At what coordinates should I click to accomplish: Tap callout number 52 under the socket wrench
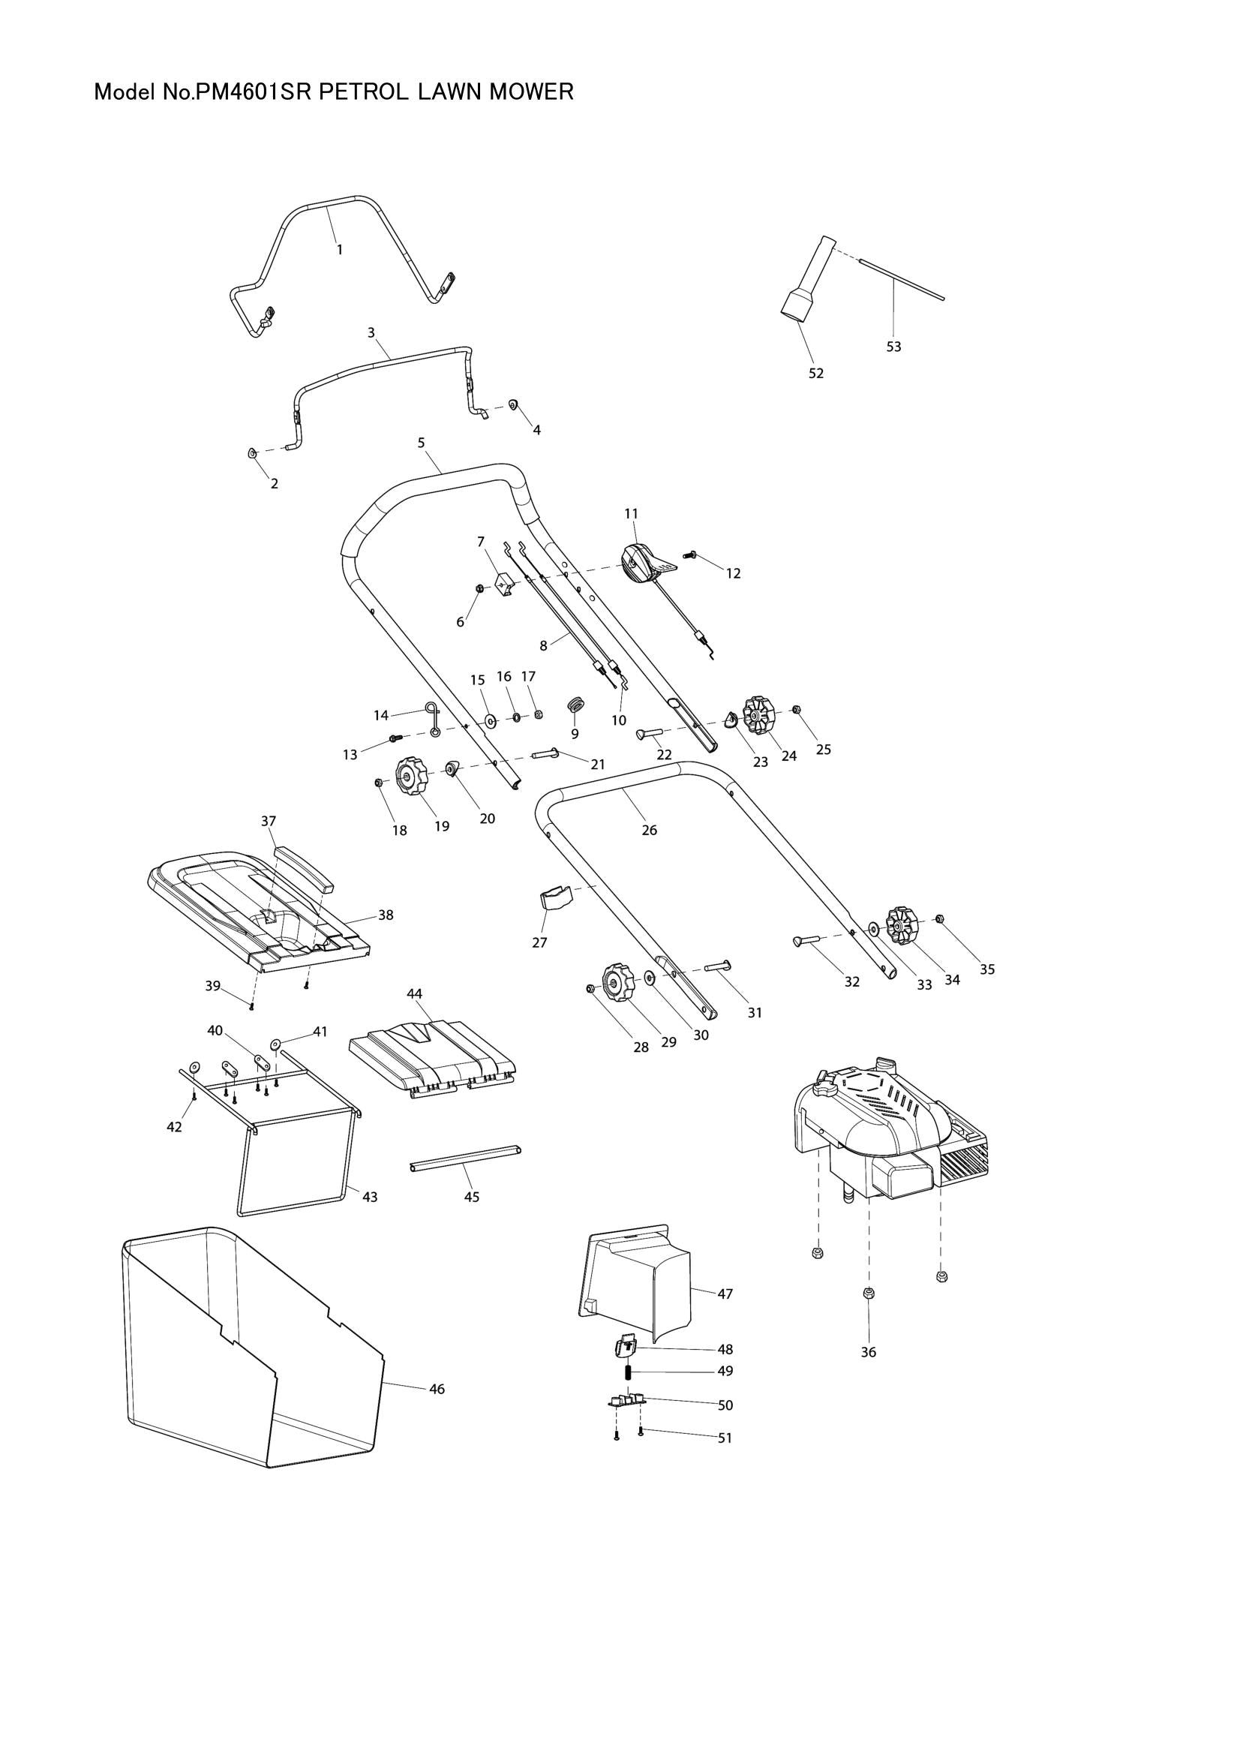tap(816, 374)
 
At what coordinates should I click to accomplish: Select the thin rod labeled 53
tap(902, 280)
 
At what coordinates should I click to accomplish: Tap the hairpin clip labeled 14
tap(433, 720)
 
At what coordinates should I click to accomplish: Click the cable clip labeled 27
tap(556, 896)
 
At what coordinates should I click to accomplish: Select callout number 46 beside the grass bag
tap(437, 1389)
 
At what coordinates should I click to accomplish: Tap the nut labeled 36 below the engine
tap(868, 1293)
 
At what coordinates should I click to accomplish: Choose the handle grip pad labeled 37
tap(306, 870)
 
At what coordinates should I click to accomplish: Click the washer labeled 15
tap(489, 720)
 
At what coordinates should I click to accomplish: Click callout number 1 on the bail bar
tap(340, 249)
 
